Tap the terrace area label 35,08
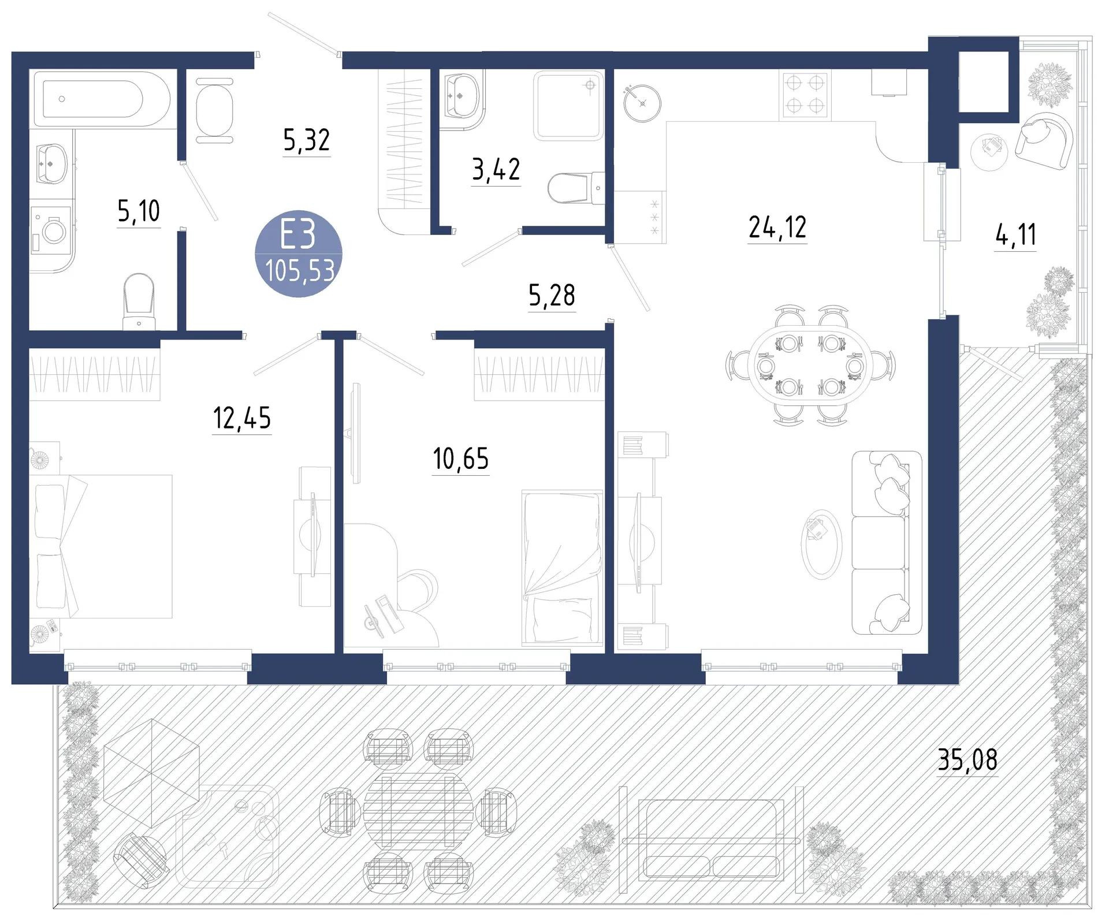click(x=967, y=760)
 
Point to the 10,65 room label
click(x=461, y=459)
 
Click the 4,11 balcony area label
click(x=1015, y=235)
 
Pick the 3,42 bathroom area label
click(x=496, y=170)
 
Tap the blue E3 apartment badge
click(x=299, y=254)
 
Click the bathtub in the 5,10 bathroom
click(x=102, y=99)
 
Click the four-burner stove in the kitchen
click(x=805, y=95)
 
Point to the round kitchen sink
click(x=642, y=103)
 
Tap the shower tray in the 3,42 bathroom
click(x=568, y=106)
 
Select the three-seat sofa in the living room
click(x=887, y=543)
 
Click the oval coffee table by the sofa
click(x=821, y=544)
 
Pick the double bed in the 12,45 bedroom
click(x=101, y=546)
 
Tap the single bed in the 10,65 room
click(x=562, y=567)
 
